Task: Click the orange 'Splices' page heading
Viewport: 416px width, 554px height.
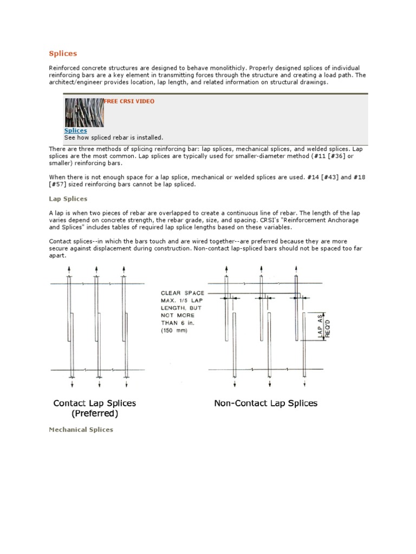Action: pos(63,54)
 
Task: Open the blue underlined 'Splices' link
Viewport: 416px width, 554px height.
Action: pos(75,130)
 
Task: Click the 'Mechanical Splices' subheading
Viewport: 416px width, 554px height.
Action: pos(81,430)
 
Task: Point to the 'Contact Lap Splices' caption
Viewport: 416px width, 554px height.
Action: pos(94,403)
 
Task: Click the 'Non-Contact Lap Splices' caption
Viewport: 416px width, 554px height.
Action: pos(265,403)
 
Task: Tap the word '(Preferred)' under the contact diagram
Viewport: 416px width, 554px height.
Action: pos(94,414)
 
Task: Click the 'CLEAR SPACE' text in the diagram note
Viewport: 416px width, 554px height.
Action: pos(183,293)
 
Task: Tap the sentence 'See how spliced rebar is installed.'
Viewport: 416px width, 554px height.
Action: pos(113,137)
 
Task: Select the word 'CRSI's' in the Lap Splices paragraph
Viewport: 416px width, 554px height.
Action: pos(256,220)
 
